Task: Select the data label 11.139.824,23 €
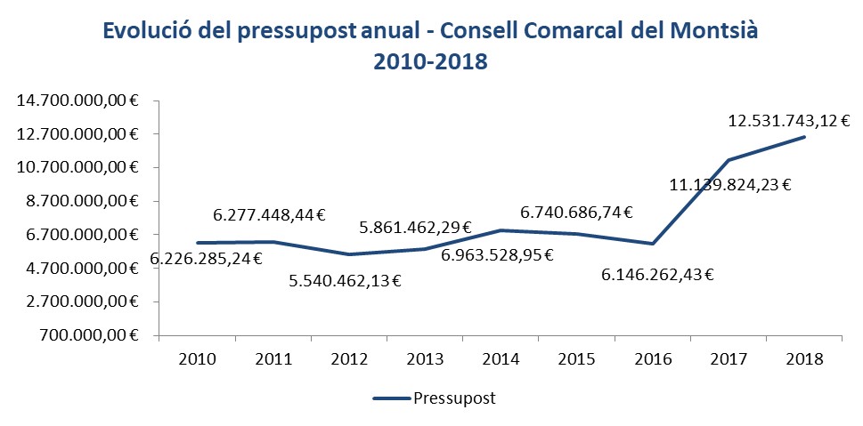pos(729,185)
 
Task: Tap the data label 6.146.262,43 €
pos(657,275)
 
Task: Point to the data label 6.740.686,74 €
pos(576,213)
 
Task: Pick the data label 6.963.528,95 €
pos(498,255)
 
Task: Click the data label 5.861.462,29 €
pos(415,228)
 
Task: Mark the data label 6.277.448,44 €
pos(269,214)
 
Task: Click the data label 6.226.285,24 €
pos(206,259)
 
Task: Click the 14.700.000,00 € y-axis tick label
pos(78,101)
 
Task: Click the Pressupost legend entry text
pos(454,398)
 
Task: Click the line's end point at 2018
pos(805,137)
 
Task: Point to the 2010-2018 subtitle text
pos(431,63)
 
